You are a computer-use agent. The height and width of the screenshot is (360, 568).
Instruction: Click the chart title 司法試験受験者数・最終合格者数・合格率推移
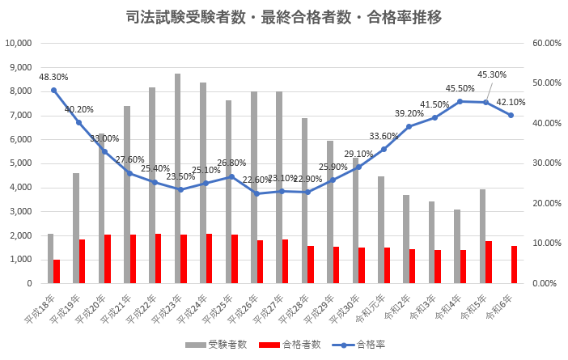tap(284, 17)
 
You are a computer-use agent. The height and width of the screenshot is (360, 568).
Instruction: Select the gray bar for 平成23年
tap(177, 178)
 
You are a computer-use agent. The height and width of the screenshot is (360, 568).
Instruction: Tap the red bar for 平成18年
tap(57, 271)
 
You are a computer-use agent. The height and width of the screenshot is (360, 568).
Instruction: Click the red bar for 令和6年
tap(514, 265)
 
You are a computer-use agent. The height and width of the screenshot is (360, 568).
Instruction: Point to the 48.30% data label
tap(53, 77)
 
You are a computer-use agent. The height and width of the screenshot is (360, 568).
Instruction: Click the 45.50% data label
tap(460, 89)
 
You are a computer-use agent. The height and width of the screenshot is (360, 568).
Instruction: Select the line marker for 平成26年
tap(256, 193)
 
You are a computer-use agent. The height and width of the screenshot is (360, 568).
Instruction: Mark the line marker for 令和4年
tap(460, 101)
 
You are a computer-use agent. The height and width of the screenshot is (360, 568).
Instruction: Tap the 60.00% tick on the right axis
tap(548, 44)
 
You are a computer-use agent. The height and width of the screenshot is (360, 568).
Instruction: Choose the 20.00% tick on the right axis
tap(548, 204)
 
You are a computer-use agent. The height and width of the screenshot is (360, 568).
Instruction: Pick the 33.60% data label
tap(384, 136)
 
